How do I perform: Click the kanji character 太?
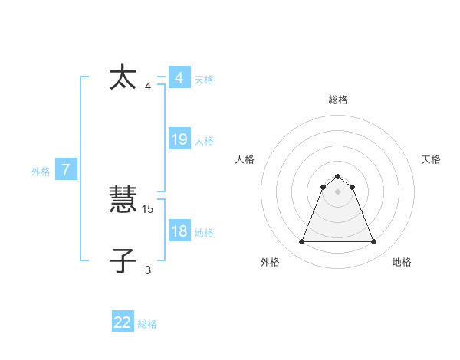[123, 77]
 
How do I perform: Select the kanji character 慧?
[123, 200]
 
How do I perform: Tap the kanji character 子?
[123, 261]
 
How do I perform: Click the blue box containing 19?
[179, 139]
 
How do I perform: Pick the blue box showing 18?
[179, 231]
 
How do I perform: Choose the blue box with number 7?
[66, 169]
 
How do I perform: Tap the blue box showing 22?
[123, 322]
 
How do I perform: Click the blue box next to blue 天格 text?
[179, 77]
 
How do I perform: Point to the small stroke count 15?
[149, 208]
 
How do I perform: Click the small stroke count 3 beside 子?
[148, 270]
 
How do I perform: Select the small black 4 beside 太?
[148, 86]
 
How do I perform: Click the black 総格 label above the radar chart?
[337, 100]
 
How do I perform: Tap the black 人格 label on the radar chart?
[245, 159]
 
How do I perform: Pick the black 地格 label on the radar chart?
[402, 262]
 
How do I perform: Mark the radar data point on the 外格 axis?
[301, 242]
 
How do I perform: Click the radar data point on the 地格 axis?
[374, 242]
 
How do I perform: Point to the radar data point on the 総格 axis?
[337, 177]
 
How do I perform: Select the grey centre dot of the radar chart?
[337, 191]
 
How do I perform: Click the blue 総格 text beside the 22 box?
[147, 324]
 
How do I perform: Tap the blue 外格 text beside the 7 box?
[41, 172]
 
